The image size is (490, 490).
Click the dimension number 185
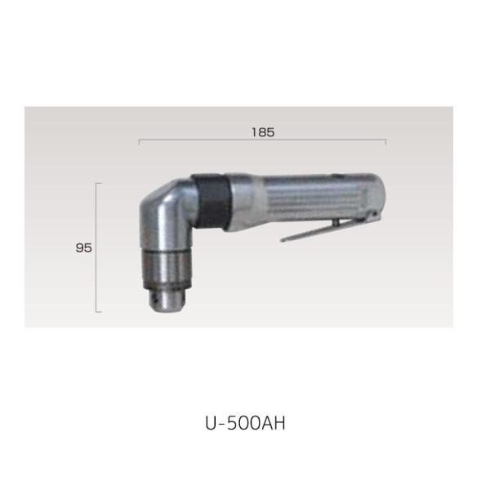point(263,131)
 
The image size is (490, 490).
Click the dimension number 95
point(82,248)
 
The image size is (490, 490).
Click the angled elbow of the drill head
point(163,200)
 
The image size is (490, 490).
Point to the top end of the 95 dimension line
point(98,184)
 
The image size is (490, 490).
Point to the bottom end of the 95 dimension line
point(98,311)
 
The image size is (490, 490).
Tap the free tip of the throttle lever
point(283,240)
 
